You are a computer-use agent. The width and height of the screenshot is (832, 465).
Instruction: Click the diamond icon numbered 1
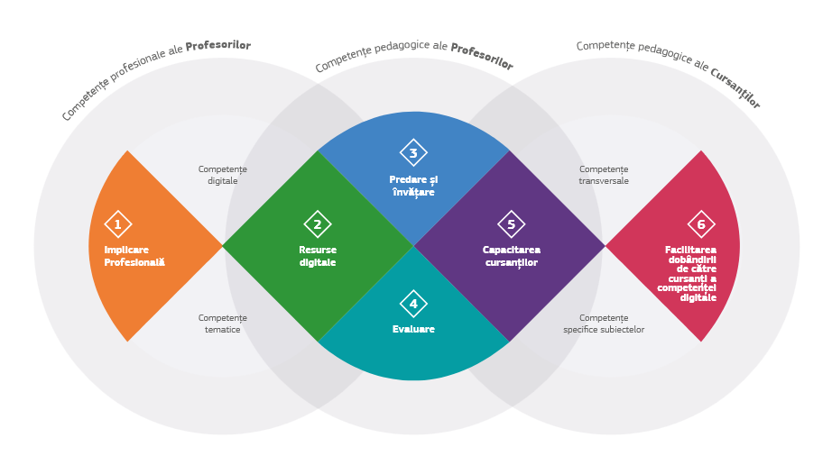coord(117,224)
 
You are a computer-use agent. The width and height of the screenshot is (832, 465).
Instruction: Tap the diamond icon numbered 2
coord(318,224)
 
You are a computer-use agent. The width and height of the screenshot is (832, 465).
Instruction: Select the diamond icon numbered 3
coord(413,153)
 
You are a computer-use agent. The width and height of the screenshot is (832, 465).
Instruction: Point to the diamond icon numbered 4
coord(413,304)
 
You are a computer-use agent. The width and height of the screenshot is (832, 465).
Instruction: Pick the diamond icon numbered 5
coord(511,224)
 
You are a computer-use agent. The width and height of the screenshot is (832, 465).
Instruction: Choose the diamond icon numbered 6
coord(701,224)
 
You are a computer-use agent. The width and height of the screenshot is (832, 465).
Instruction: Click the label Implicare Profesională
coord(134,257)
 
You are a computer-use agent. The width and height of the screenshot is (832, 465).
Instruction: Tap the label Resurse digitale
coord(318,257)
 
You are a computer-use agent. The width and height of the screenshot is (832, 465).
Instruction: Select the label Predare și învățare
coord(413,187)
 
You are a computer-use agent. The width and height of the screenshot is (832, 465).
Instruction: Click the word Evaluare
coord(413,330)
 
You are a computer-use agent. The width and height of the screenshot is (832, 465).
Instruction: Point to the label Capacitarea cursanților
coord(511,257)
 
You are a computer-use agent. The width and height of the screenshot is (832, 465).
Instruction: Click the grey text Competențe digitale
coord(223,175)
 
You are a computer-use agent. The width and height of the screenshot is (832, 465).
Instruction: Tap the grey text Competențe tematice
coord(223,324)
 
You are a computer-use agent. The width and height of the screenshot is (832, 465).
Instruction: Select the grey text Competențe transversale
coord(604,175)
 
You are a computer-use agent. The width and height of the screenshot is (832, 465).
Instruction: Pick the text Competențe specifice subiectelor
coord(604,324)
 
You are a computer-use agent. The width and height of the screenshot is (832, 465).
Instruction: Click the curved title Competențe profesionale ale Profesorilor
coord(154,76)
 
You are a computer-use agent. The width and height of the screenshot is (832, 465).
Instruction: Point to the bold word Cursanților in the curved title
coord(735,88)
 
